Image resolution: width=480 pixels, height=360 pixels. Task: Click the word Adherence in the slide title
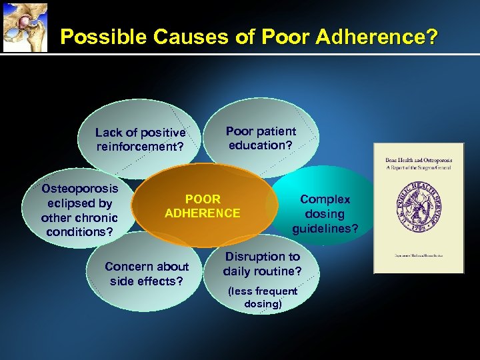pyautogui.click(x=368, y=37)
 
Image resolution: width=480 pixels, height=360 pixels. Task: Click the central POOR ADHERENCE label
pyautogui.click(x=203, y=206)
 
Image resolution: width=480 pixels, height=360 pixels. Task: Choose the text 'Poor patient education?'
pyautogui.click(x=261, y=138)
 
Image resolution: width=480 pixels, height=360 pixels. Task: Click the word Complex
pyautogui.click(x=325, y=199)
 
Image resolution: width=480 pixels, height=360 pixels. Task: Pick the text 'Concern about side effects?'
pyautogui.click(x=147, y=273)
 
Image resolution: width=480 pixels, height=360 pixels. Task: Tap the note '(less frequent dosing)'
pyautogui.click(x=263, y=297)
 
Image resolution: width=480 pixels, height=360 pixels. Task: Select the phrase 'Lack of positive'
pyautogui.click(x=140, y=133)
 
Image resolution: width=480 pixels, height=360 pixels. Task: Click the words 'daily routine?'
pyautogui.click(x=262, y=271)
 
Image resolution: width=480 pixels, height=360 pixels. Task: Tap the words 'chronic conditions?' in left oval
pyautogui.click(x=79, y=225)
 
